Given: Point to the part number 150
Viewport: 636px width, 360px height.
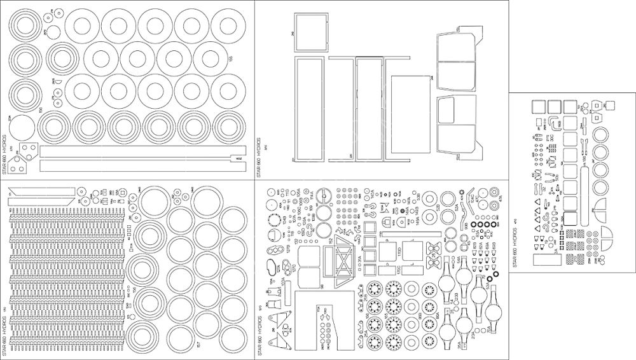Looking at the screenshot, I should coord(41,110).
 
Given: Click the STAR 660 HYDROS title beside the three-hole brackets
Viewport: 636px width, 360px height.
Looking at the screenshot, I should coord(5,156).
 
